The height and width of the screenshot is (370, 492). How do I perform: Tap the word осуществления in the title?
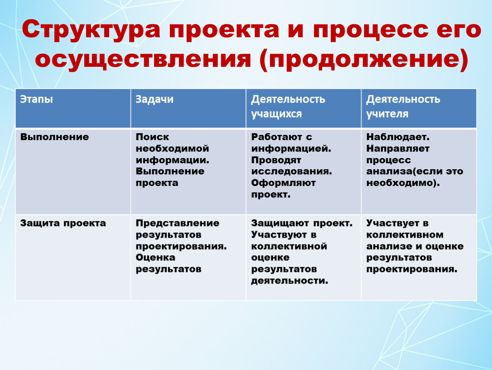tap(143, 59)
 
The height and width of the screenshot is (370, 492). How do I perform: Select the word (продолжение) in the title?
tap(364, 60)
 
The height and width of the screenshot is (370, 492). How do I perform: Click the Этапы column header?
tap(36, 99)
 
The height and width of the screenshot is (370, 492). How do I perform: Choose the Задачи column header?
tap(154, 99)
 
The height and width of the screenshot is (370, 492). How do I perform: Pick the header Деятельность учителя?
tap(403, 106)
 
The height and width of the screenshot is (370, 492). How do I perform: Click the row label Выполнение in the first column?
tap(55, 137)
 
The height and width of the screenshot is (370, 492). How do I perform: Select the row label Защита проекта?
tap(63, 223)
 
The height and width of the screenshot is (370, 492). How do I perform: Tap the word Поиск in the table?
tap(152, 137)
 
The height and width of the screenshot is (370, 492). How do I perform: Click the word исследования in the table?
tap(291, 171)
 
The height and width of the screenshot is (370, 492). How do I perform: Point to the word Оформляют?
tap(283, 183)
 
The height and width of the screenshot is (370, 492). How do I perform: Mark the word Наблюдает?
tap(398, 137)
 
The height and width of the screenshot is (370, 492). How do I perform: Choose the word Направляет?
tap(398, 148)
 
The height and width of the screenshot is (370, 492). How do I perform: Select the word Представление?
tap(178, 223)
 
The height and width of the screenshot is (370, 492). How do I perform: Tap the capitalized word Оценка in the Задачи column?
tap(155, 257)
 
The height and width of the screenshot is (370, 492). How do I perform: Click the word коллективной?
tap(289, 246)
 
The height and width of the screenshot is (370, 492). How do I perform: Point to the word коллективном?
tap(405, 235)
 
